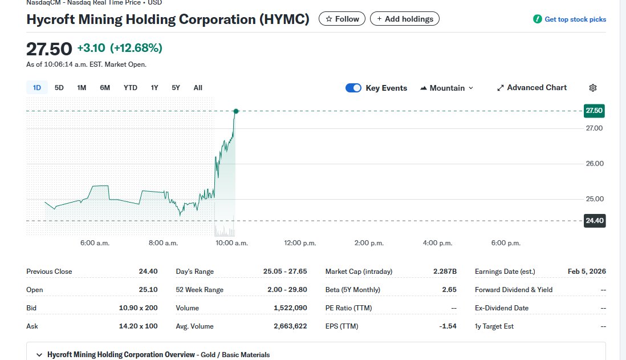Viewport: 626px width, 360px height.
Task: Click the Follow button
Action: pyautogui.click(x=342, y=19)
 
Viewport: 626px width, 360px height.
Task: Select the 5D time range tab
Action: pyautogui.click(x=59, y=88)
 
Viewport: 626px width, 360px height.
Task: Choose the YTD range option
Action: pyautogui.click(x=131, y=88)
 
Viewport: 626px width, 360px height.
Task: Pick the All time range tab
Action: pyautogui.click(x=198, y=88)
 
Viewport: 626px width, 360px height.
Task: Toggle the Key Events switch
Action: pyautogui.click(x=353, y=88)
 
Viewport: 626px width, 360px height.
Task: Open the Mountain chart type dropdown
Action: pyautogui.click(x=447, y=88)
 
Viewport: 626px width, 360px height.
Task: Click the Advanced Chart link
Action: pyautogui.click(x=532, y=88)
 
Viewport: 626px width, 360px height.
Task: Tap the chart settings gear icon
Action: pyautogui.click(x=593, y=88)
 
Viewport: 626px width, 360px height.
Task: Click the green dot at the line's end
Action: pyautogui.click(x=235, y=111)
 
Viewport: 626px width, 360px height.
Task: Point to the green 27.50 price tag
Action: pyautogui.click(x=594, y=111)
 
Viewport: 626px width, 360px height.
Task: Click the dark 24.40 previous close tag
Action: pyautogui.click(x=594, y=221)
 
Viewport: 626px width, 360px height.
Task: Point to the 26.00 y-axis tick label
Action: pyautogui.click(x=594, y=164)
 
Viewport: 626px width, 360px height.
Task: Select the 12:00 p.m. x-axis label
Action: pyautogui.click(x=300, y=243)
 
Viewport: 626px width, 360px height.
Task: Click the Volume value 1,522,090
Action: pyautogui.click(x=290, y=308)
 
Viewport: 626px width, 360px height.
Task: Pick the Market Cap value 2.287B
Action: pyautogui.click(x=445, y=272)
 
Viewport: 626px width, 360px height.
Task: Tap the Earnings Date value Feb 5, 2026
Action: pyautogui.click(x=587, y=272)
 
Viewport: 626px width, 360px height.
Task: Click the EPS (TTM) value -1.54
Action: pyautogui.click(x=449, y=326)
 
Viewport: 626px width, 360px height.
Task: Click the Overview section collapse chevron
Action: pyautogui.click(x=39, y=355)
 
